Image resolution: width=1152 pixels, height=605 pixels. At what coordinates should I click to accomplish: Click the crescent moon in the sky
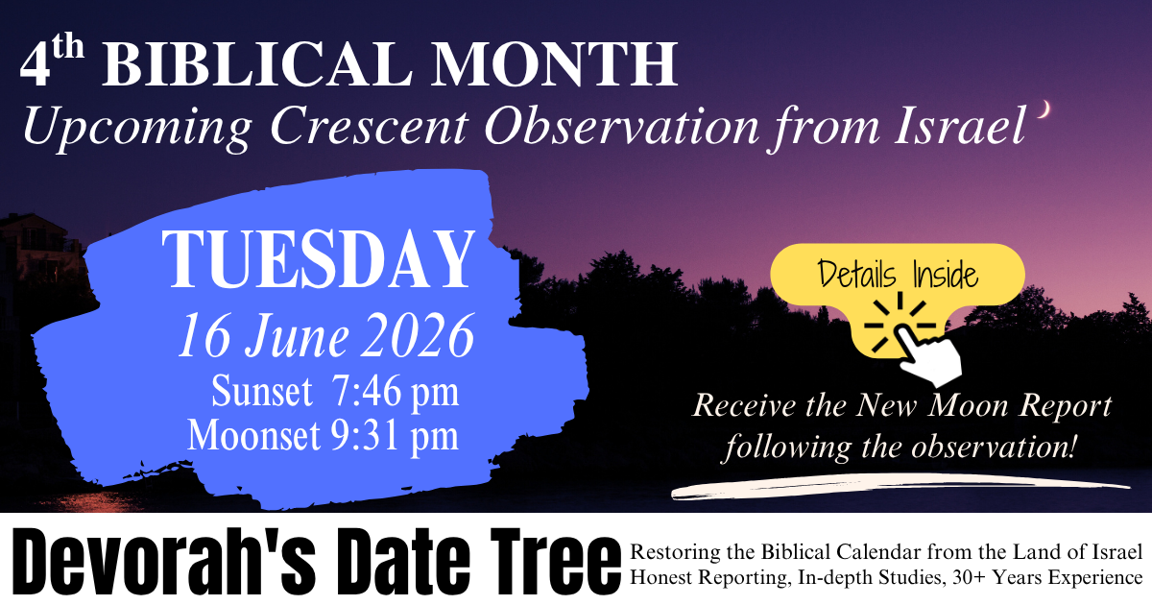1045,109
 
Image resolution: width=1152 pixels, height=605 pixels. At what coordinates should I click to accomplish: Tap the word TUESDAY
319,259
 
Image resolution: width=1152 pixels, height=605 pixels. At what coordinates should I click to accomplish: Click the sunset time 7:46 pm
395,392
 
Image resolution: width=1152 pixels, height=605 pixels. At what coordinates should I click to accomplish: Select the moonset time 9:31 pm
394,436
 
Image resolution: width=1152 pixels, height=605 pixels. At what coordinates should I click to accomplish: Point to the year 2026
417,336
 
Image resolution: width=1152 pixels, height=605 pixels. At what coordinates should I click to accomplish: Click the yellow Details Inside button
898,276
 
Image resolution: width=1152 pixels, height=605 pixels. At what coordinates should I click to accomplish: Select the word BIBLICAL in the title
257,64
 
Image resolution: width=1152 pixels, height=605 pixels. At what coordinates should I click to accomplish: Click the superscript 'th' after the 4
67,48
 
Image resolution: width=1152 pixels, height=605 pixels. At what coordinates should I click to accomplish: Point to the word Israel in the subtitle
960,126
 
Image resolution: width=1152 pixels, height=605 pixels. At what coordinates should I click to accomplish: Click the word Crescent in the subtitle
369,127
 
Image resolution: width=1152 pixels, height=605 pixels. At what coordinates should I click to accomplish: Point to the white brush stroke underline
900,487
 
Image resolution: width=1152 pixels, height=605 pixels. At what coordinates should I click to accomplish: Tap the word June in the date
297,336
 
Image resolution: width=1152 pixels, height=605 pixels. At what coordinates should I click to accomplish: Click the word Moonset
253,436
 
